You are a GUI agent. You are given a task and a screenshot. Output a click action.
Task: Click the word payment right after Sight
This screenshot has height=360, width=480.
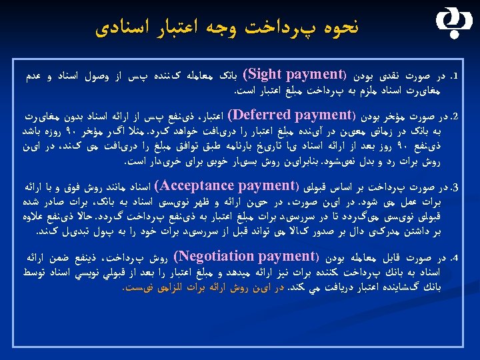click(314, 72)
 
